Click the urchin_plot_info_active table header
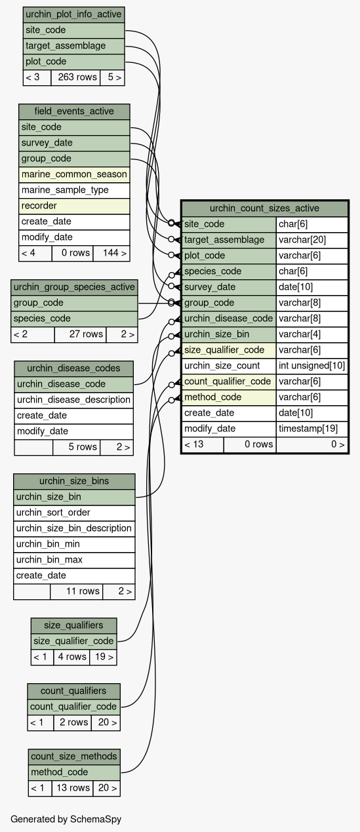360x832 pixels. (73, 15)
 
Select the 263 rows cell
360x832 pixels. (76, 77)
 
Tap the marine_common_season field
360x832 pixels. (74, 174)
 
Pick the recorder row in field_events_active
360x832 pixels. (74, 206)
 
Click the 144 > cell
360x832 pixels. (111, 253)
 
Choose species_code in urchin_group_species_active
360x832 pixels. (74, 319)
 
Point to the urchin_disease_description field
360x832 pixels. (73, 400)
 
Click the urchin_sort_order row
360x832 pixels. (74, 513)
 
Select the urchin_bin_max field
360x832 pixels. (74, 560)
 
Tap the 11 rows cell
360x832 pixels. (77, 591)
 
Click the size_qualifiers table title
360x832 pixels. (73, 625)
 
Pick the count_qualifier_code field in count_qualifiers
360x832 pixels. (73, 707)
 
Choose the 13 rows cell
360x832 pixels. (73, 788)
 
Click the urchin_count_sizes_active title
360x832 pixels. (264, 208)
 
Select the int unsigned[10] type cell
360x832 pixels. (312, 366)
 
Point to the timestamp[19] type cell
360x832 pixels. (312, 429)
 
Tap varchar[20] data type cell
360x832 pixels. (312, 240)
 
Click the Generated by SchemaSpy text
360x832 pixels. (66, 819)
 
